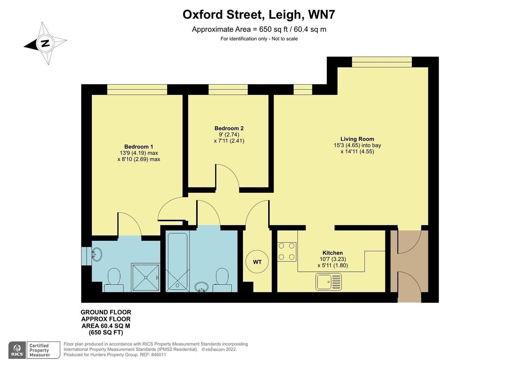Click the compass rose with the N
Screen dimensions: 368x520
coord(45,43)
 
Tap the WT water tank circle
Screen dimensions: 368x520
coord(257,262)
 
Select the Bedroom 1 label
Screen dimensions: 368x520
coord(139,147)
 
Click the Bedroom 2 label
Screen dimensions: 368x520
coord(229,128)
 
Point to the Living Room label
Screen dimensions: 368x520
coord(357,139)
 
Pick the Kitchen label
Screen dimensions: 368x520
coord(332,253)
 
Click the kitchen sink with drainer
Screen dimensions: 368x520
coord(328,282)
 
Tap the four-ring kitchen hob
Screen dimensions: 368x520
coord(287,251)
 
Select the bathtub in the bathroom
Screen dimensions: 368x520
coord(177,262)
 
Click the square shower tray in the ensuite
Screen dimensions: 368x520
coord(145,277)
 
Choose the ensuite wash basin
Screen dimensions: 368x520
coord(97,254)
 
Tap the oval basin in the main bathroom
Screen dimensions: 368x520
coord(202,287)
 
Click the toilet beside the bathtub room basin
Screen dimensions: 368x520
coord(222,280)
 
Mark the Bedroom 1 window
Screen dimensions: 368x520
coord(137,90)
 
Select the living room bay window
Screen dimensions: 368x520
coord(382,62)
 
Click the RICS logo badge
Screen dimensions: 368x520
coord(17,350)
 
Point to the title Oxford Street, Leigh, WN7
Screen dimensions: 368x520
coord(259,15)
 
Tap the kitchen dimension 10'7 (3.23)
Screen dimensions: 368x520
coord(332,259)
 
